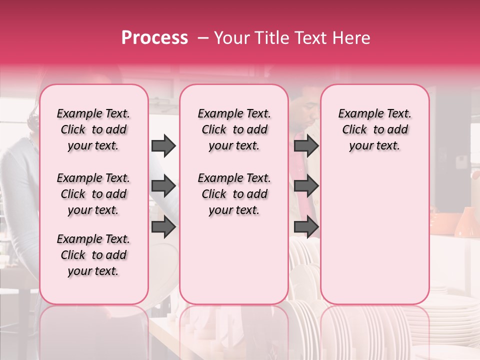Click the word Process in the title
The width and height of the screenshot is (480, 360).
point(154,37)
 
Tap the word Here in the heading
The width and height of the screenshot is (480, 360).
point(352,38)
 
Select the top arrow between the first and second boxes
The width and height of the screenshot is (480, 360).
point(163,145)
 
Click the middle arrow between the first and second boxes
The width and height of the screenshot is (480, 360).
point(163,186)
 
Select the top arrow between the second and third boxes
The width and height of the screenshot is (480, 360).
point(306,145)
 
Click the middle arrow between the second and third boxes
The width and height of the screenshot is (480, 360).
point(306,186)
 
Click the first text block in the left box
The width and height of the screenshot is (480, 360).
point(93,129)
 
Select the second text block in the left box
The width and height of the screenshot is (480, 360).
point(93,194)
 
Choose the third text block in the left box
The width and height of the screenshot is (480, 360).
point(93,255)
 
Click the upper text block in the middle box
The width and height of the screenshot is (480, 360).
point(234,129)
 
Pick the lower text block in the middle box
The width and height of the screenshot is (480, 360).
point(234,194)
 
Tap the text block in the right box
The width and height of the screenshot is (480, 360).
point(374,129)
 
